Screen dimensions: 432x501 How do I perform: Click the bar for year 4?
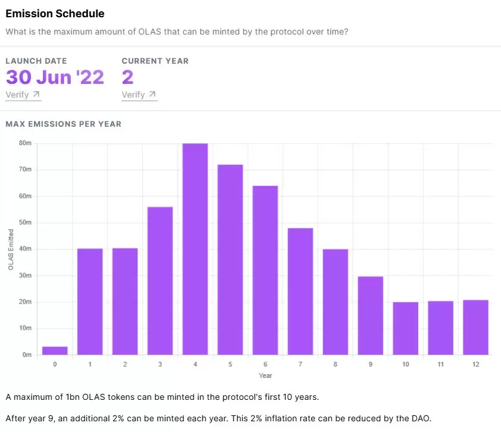point(195,249)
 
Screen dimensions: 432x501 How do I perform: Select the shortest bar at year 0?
point(55,350)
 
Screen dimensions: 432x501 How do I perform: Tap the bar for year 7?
point(300,292)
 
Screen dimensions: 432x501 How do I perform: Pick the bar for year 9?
point(371,316)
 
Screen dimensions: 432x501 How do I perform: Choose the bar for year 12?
point(475,327)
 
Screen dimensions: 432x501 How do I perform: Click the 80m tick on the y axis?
point(25,143)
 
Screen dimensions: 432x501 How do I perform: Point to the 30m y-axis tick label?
point(25,276)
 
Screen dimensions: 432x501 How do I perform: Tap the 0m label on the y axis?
point(27,355)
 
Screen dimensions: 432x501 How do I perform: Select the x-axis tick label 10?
point(405,364)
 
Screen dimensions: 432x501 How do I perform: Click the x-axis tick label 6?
point(265,364)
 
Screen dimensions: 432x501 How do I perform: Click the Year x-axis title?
point(265,375)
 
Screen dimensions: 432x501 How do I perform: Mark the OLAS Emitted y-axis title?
point(11,249)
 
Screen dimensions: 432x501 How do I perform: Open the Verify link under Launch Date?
point(23,95)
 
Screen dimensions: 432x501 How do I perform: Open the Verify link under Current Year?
point(139,95)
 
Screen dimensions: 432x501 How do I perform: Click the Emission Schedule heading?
point(55,14)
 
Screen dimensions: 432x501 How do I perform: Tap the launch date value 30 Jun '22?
point(55,77)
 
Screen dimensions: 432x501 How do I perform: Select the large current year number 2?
point(127,77)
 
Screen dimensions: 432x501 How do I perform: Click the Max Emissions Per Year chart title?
point(63,124)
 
